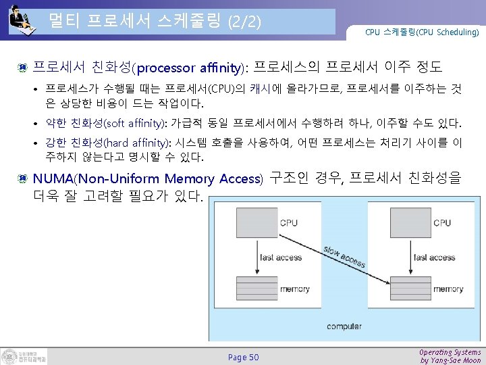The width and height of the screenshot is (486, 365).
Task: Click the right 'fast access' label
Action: [435, 258]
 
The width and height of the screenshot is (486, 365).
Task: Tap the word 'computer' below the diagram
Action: [344, 326]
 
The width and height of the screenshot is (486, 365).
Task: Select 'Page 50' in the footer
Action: [243, 357]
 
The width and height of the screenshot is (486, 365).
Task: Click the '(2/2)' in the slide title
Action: [245, 22]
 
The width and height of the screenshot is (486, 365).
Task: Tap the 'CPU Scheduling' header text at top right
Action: [422, 32]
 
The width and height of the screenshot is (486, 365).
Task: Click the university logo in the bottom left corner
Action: [24, 356]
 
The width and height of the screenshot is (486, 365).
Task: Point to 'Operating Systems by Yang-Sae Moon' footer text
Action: [450, 356]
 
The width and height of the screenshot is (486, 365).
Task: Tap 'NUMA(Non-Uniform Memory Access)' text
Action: [147, 179]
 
